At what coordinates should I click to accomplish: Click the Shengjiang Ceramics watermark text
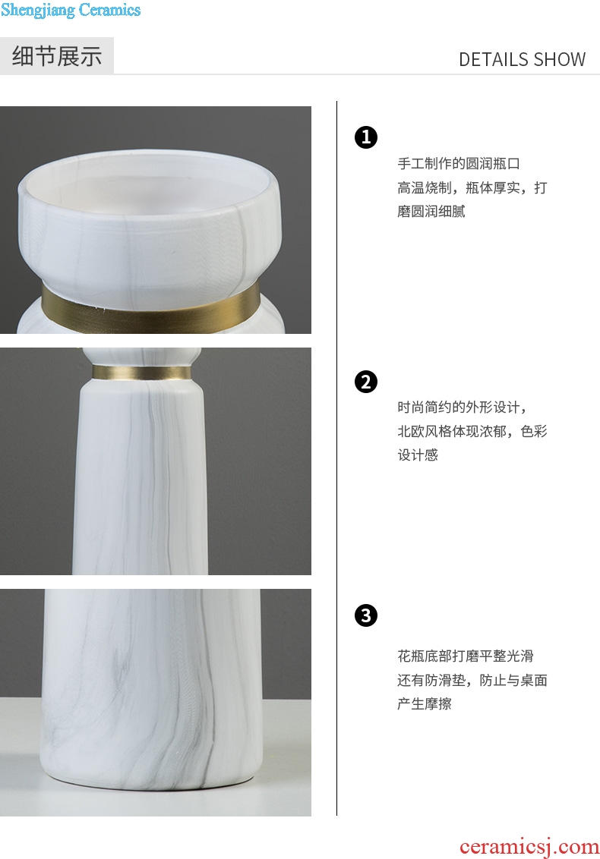coord(71,10)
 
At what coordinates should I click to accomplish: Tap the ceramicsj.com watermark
coord(529,847)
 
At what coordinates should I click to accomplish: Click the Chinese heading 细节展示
coord(57,56)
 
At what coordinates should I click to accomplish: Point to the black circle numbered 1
coord(366,137)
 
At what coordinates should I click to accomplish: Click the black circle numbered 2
coord(366,382)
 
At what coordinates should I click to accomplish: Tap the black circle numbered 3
coord(366,615)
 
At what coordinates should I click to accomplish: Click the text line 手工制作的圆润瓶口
coord(459,163)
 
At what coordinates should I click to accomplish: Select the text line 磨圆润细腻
coord(431,212)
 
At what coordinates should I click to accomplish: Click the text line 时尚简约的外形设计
coord(463,407)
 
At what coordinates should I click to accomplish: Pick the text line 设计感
coord(418,455)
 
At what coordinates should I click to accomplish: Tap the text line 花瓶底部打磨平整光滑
coord(465,656)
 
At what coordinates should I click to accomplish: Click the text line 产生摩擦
coord(424,703)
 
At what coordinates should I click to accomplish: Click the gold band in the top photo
coord(150,308)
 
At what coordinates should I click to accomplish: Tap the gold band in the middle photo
coord(141,373)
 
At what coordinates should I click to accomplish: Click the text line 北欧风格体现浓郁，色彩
coord(472,431)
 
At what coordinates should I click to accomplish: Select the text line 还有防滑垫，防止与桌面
coord(472,680)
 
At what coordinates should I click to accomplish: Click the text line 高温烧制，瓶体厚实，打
coord(472,188)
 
